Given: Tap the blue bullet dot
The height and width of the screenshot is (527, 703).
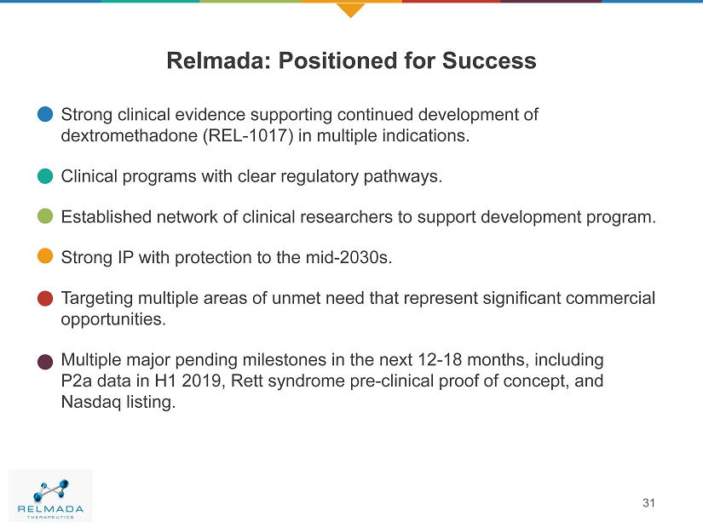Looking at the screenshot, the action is tap(45, 114).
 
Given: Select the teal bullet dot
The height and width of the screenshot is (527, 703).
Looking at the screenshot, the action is tap(45, 176).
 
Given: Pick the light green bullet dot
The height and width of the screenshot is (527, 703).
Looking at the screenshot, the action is tap(45, 216).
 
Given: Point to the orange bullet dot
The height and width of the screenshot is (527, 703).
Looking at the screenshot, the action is tap(45, 256).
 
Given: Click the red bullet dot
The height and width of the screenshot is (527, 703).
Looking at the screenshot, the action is tap(45, 299).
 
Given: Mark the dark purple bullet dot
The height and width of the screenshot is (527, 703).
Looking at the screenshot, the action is tap(45, 362).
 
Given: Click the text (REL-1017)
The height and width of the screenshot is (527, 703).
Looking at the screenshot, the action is tap(248, 135).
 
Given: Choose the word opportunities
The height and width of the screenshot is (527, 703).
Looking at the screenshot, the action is tap(113, 319).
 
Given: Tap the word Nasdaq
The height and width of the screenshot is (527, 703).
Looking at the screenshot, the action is tap(91, 402).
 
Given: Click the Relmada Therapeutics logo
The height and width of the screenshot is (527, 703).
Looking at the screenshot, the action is tap(50, 495).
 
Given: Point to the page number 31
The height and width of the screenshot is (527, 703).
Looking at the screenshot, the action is tap(648, 503).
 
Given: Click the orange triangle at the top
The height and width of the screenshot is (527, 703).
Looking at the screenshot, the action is tap(350, 9).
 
